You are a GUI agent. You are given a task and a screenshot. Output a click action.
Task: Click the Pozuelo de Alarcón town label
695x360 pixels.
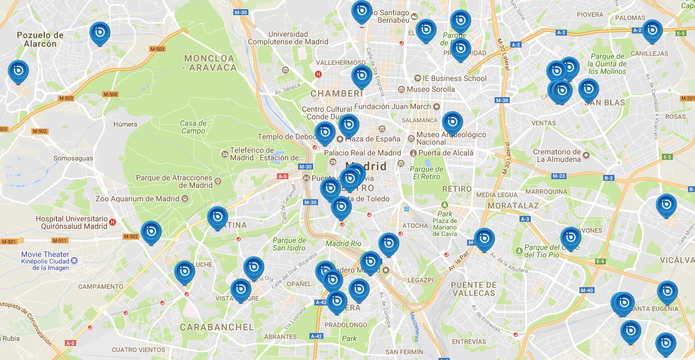[x=40, y=39]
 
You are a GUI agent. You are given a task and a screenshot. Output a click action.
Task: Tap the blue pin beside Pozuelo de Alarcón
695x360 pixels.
[x=100, y=33]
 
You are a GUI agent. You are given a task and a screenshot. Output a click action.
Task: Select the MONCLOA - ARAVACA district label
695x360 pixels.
[x=210, y=63]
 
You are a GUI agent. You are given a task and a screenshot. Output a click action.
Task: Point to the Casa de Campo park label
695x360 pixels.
[x=193, y=127]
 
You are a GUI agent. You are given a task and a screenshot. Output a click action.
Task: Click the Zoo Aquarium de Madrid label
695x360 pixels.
[x=137, y=199]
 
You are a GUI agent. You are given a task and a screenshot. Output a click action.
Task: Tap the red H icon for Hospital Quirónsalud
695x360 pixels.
[x=112, y=222]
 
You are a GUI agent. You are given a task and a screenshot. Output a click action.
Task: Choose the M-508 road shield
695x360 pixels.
[x=110, y=94]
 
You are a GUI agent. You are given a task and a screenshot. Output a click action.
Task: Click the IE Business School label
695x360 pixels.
[x=454, y=78]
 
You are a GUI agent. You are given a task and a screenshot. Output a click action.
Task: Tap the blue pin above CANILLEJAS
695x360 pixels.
[x=652, y=31]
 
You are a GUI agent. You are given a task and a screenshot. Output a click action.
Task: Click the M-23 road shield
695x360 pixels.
[x=558, y=176]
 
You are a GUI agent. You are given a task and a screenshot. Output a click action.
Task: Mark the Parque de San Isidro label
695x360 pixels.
[x=289, y=244]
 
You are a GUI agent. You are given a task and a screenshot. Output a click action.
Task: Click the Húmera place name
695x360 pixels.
[x=125, y=124]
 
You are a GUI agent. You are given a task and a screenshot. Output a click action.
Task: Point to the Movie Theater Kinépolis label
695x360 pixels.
[x=45, y=261]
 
